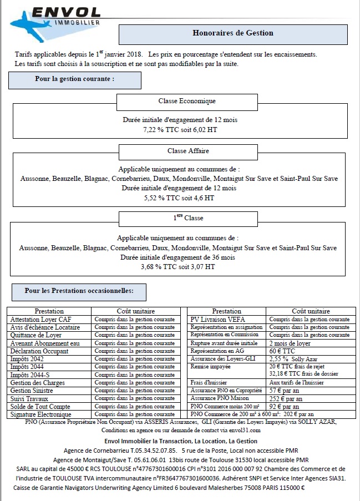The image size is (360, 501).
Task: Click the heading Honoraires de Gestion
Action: click(233, 33)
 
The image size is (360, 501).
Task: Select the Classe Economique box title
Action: click(187, 102)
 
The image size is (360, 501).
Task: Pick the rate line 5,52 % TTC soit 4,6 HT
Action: click(179, 198)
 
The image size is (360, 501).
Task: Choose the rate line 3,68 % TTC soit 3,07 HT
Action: click(178, 267)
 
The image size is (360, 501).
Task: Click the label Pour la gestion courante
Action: click(75, 79)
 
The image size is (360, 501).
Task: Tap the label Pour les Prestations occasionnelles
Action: click(78, 291)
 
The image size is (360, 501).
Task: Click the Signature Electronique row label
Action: click(40, 414)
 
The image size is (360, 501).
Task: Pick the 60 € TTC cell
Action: click(282, 351)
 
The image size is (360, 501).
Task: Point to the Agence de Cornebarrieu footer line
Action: click(180, 450)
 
